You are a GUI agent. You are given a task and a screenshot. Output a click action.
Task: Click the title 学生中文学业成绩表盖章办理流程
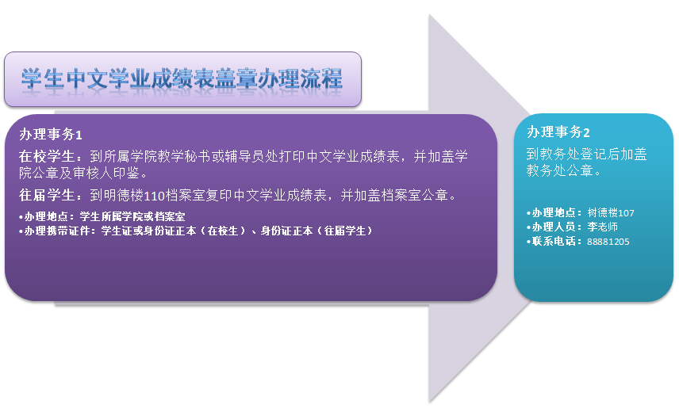[182, 79]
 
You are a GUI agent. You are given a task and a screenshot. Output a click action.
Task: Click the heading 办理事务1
[51, 135]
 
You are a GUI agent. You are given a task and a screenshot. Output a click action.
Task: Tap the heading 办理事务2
[558, 132]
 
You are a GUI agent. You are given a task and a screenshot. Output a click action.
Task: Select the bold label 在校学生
[47, 156]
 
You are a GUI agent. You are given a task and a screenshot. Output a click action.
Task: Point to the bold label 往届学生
[47, 196]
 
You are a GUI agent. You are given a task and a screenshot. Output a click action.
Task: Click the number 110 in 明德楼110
[154, 196]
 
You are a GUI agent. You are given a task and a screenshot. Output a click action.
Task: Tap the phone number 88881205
[608, 242]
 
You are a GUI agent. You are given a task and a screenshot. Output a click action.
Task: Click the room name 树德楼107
[611, 212]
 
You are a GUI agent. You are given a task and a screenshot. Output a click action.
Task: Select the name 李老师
[602, 227]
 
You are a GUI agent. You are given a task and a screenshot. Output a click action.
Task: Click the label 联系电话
[554, 241]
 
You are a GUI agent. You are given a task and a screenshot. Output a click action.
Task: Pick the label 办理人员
[554, 227]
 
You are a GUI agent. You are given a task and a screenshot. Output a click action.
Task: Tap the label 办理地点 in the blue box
[554, 212]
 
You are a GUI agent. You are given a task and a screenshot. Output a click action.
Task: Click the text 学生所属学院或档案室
[132, 216]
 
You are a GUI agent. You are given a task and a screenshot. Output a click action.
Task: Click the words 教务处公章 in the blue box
[559, 170]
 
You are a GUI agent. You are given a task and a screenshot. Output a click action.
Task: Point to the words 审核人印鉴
[105, 173]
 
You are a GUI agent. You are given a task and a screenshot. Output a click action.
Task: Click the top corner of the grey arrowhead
[429, 15]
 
